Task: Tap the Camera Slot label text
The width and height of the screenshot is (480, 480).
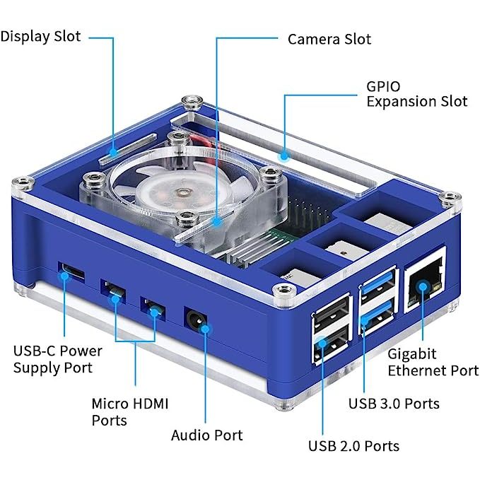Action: (329, 38)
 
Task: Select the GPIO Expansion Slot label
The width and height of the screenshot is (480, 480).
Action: (416, 94)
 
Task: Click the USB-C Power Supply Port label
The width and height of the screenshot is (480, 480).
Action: (57, 359)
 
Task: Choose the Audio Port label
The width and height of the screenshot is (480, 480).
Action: (206, 435)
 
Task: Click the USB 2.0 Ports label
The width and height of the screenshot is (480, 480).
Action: (353, 446)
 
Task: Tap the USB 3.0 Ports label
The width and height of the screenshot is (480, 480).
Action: (394, 404)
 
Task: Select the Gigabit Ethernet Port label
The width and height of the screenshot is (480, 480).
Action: (433, 361)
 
